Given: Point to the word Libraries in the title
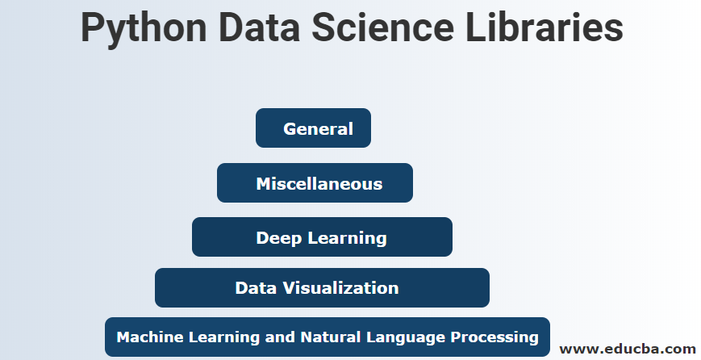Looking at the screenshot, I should [549, 29].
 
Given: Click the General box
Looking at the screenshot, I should [313, 128].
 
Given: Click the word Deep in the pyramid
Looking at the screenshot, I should [278, 238].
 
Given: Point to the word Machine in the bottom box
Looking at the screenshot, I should [144, 337].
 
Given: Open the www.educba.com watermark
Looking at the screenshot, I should [627, 349].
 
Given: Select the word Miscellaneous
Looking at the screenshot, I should [319, 184].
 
